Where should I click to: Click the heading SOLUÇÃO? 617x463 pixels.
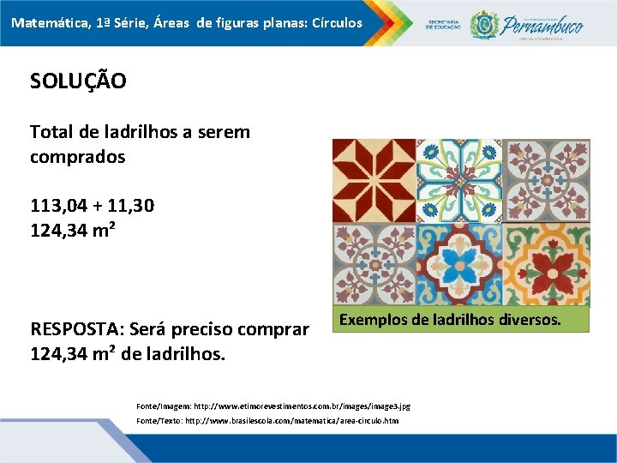[78, 81]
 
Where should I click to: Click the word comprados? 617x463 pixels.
[77, 157]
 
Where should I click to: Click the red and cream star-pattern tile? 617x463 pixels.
[374, 180]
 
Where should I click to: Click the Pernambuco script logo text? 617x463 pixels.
[544, 24]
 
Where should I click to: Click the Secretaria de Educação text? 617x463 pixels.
[444, 25]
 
